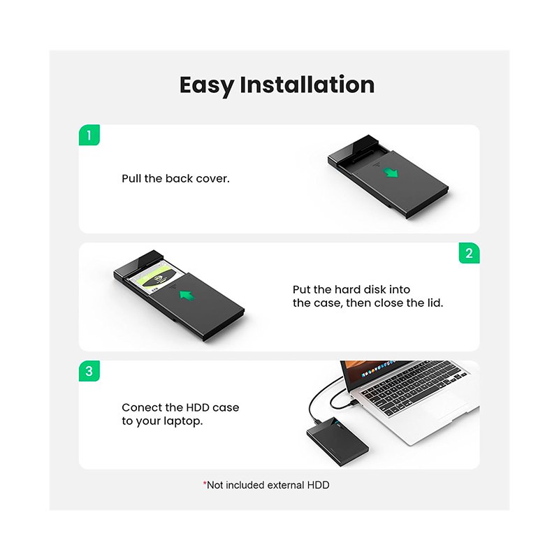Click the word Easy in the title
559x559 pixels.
pos(206,85)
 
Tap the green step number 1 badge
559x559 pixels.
pos(89,135)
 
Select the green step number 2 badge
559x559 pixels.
pos(469,253)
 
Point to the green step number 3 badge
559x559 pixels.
pos(89,371)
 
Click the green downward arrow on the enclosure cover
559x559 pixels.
pos(391,173)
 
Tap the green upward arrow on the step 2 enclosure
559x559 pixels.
pos(187,294)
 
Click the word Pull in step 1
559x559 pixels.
pos(131,178)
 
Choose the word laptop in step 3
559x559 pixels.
pos(183,421)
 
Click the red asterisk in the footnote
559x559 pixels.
pos(205,483)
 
